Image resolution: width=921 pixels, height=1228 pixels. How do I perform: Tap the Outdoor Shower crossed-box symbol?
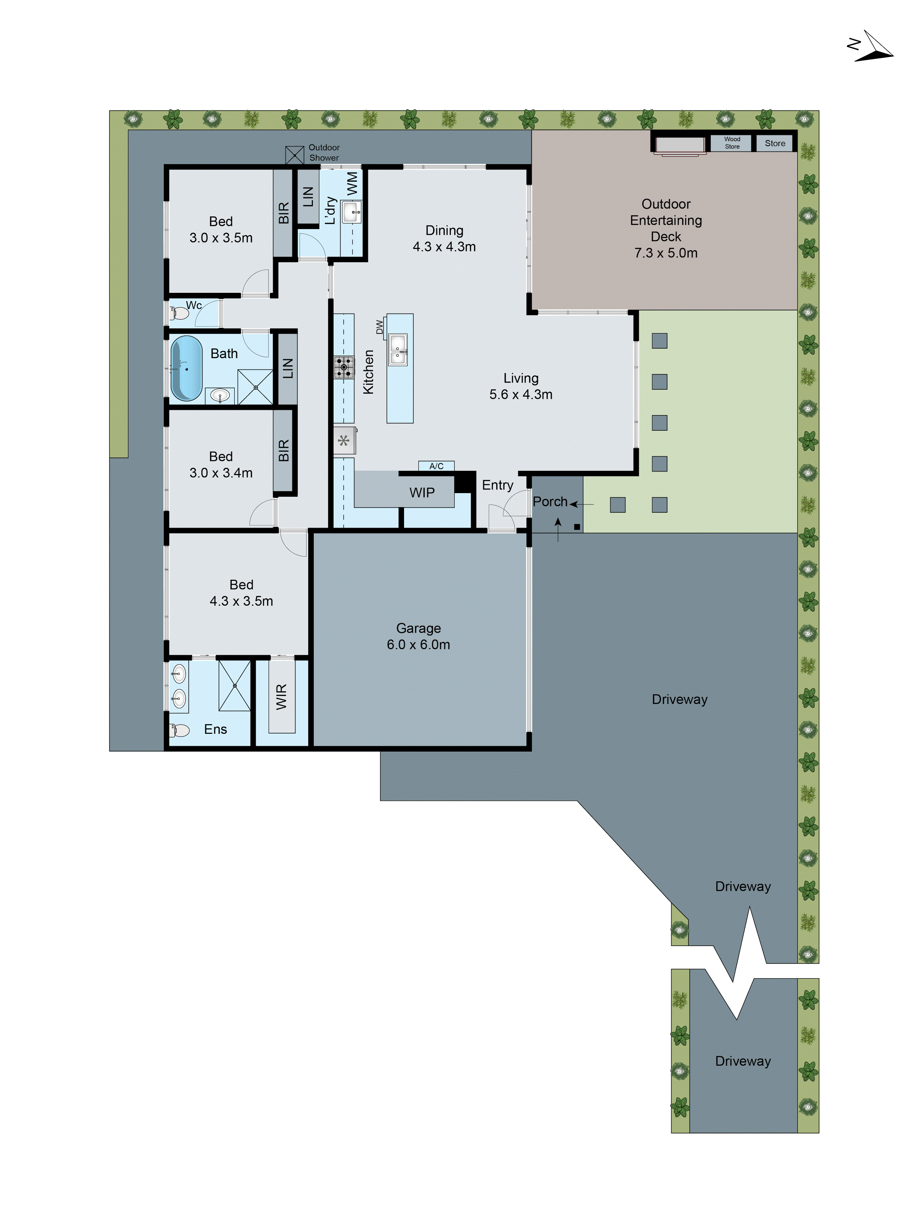click(x=294, y=155)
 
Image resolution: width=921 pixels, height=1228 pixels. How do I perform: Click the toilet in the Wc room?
click(x=180, y=313)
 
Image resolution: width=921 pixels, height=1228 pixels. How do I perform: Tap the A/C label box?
click(x=436, y=466)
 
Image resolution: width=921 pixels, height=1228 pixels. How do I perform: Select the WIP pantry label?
click(x=422, y=492)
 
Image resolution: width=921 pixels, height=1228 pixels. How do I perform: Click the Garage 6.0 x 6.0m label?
click(x=418, y=636)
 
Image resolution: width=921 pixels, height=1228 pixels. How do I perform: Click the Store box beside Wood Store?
click(x=775, y=143)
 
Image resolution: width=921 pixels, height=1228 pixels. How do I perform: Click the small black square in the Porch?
click(x=577, y=526)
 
